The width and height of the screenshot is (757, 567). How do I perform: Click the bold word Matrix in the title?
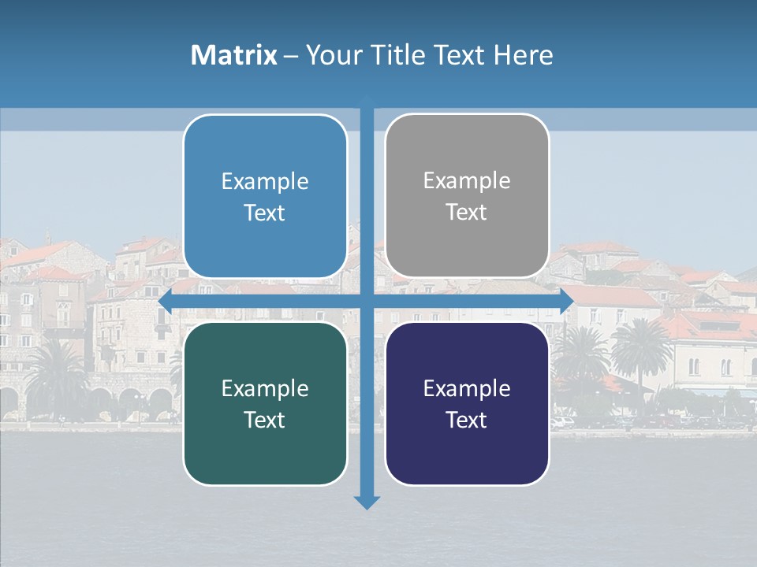[x=234, y=55]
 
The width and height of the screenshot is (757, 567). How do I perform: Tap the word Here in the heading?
[x=523, y=55]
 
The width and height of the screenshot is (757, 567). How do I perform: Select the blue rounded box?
[x=265, y=196]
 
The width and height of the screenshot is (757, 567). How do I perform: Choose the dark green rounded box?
[x=265, y=403]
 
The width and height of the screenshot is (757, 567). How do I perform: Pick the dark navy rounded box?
[x=467, y=403]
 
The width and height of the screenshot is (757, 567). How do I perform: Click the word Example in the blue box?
[x=265, y=182]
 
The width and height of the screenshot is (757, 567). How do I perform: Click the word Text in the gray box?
[x=467, y=213]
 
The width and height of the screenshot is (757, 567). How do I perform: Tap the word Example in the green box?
[x=265, y=389]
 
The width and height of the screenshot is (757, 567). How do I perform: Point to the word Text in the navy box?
[x=467, y=421]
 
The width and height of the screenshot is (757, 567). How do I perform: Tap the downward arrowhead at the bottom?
[x=367, y=502]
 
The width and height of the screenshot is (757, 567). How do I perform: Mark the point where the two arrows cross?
[x=367, y=302]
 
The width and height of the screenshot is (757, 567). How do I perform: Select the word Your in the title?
[x=330, y=55]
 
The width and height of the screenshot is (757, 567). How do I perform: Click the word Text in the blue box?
[x=265, y=213]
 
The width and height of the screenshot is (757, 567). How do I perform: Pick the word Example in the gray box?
[x=467, y=181]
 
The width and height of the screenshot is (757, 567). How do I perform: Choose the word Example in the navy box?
[x=467, y=389]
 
